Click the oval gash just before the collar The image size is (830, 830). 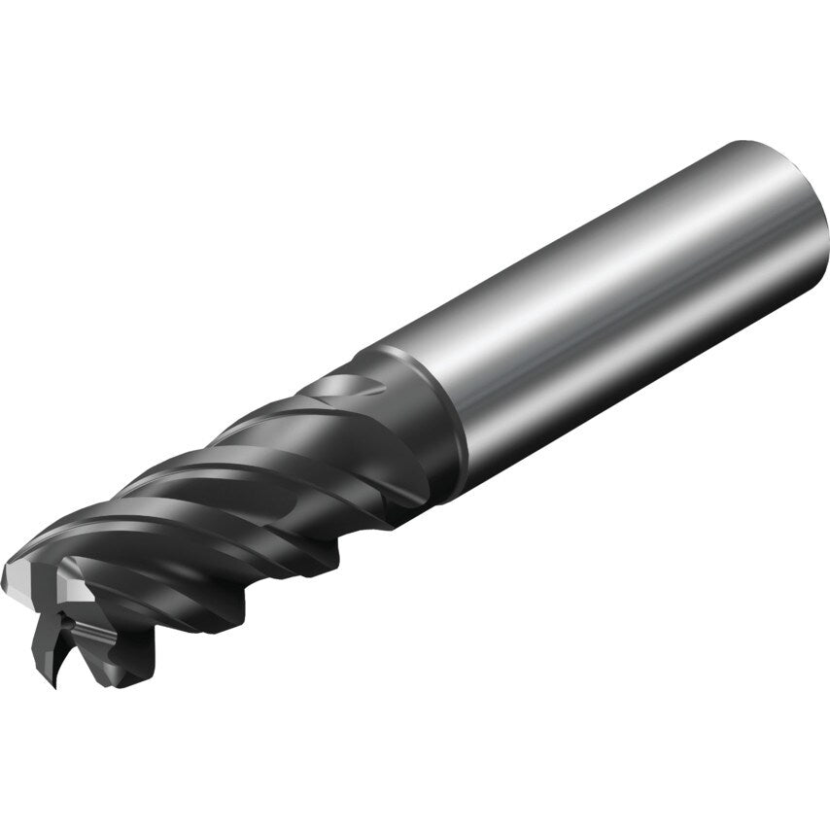[340, 389]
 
